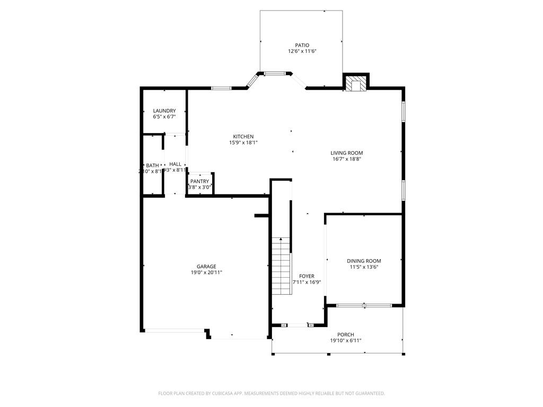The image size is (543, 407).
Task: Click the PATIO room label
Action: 302,46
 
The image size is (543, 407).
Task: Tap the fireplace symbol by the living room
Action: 355,84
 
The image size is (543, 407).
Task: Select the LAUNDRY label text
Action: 164,111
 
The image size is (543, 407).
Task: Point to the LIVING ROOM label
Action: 347,153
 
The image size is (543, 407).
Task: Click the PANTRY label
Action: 200,181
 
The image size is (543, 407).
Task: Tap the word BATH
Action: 152,165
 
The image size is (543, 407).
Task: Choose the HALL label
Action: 175,164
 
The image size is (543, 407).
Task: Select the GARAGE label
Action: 206,267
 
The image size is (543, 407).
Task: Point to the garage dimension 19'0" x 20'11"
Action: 206,272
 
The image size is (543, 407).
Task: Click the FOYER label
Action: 306,276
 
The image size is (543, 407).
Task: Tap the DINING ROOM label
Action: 364,261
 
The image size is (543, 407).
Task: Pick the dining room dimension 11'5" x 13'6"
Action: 364,267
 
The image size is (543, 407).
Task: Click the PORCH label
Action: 346,334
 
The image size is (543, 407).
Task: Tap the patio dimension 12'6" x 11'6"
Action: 302,51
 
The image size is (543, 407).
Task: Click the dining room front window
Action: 364,305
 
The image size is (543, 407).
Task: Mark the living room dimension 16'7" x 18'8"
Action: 347,159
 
